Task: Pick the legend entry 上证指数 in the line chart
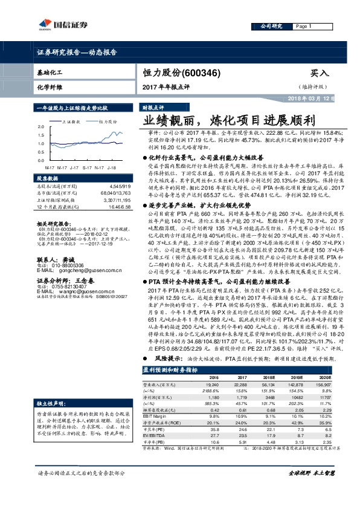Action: click(x=71, y=121)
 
